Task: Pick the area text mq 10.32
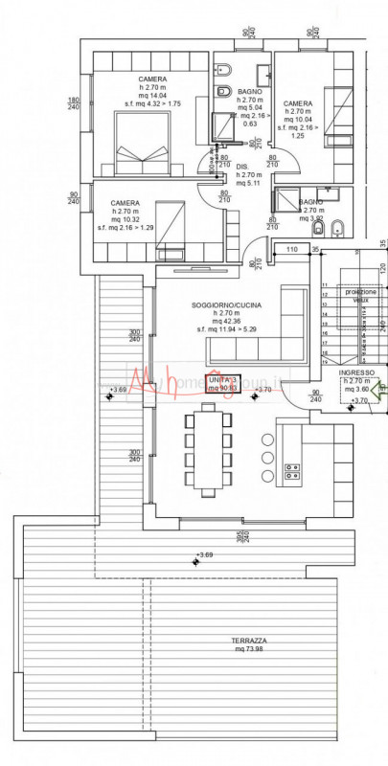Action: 126,219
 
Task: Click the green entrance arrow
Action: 379,389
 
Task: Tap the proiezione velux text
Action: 360,295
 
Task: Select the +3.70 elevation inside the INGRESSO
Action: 359,399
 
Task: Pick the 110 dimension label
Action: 291,249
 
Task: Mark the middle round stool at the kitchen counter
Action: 267,458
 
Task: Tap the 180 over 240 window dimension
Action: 73,103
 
